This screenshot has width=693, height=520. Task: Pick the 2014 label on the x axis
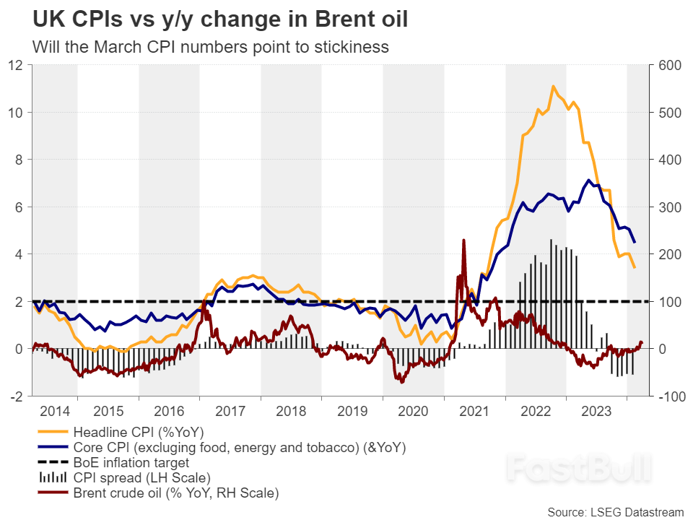click(x=56, y=412)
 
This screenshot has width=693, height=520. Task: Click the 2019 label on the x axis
click(x=352, y=412)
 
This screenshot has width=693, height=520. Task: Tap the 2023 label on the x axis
click(x=596, y=412)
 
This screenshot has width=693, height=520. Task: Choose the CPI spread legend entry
click(x=141, y=477)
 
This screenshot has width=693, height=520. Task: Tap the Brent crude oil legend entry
click(x=175, y=493)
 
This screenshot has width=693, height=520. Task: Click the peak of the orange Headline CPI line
click(x=553, y=87)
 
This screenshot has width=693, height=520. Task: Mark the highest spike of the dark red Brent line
click(x=463, y=240)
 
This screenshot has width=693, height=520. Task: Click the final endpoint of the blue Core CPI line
click(x=634, y=242)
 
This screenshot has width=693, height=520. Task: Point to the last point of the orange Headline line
click(x=634, y=268)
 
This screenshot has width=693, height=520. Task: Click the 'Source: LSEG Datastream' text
click(x=614, y=512)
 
